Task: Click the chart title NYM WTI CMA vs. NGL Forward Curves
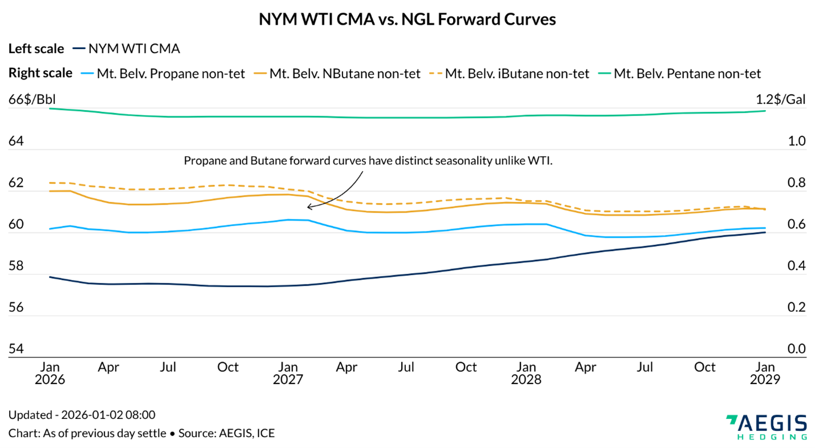tap(407, 19)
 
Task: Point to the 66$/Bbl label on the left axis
tap(32, 100)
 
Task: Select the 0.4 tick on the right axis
tap(796, 266)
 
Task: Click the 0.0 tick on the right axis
tap(796, 349)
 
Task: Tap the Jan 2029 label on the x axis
tap(764, 373)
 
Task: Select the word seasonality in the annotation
tap(467, 161)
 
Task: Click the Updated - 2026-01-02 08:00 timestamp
tap(81, 415)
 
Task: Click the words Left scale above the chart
tap(36, 48)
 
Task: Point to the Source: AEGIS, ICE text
tap(226, 433)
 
